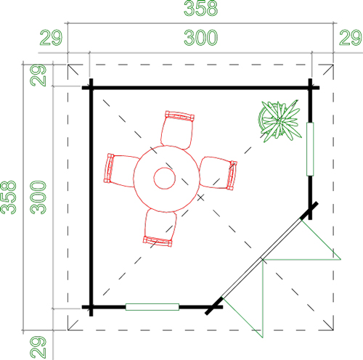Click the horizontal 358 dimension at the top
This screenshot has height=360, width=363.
tap(200, 8)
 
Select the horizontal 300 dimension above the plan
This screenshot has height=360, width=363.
tap(200, 38)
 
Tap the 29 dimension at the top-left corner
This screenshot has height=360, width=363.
tap(51, 38)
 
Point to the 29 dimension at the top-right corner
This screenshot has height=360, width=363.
tap(350, 38)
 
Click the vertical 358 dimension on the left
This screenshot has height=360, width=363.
tap(9, 197)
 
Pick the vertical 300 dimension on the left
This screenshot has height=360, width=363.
tap(38, 197)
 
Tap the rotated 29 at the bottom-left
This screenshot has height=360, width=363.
tap(38, 347)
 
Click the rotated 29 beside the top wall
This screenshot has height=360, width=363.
tap(38, 75)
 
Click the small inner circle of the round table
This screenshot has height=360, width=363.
tap(165, 179)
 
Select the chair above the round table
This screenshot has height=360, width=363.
tap(178, 130)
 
